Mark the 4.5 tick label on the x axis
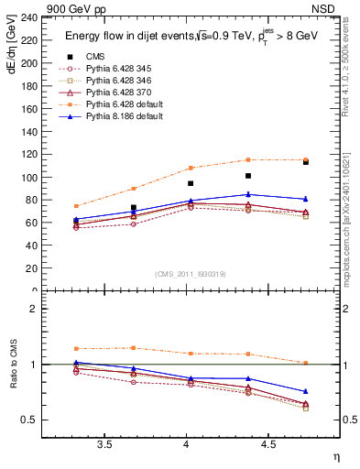267,444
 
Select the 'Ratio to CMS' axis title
11,365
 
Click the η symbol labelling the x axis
335,455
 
